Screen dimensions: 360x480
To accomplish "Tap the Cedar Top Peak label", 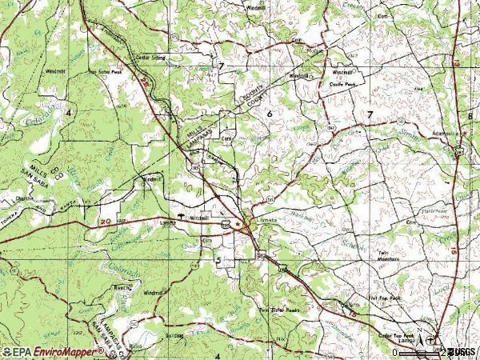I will [396, 336].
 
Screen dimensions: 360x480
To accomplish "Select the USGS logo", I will [461, 351].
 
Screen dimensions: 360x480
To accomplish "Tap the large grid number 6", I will [270, 115].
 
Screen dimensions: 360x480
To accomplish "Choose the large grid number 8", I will [471, 117].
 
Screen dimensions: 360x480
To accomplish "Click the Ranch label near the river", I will [122, 285].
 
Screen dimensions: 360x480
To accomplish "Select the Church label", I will [24, 197].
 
